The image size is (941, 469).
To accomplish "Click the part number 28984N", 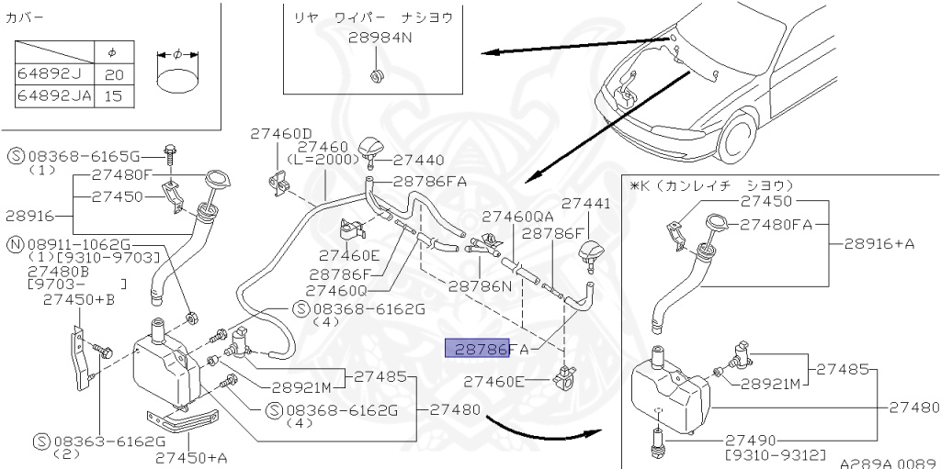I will (380, 39).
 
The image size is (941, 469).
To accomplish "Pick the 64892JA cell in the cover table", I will (55, 95).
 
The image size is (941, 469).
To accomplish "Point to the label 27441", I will (585, 204).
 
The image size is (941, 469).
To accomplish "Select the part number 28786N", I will (480, 285).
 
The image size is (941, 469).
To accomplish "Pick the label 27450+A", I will (191, 456).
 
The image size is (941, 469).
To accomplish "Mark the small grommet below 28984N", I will (376, 73).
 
